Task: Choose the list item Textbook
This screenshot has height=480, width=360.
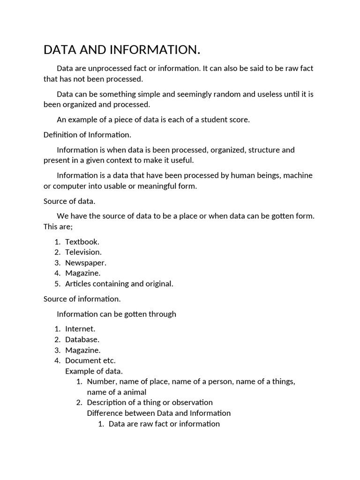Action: click(82, 242)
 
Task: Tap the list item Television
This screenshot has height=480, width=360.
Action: click(83, 252)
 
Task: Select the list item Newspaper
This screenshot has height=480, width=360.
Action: click(85, 263)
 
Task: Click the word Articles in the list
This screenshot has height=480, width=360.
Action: click(77, 284)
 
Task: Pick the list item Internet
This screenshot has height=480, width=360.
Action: click(80, 329)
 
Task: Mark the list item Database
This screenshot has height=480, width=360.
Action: click(82, 339)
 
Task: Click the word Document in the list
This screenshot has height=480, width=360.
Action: click(82, 360)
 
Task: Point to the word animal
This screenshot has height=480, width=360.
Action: click(134, 392)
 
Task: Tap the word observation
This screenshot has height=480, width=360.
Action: click(192, 403)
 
